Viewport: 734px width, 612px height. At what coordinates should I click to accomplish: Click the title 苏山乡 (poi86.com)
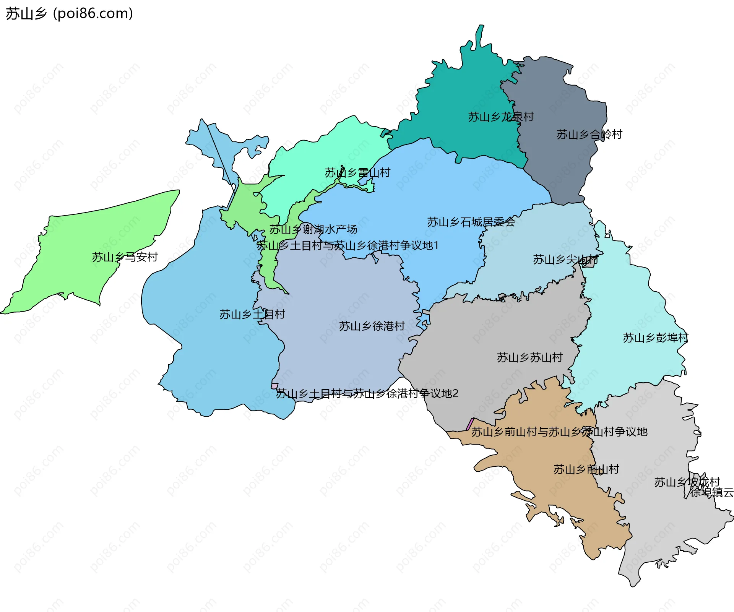(69, 13)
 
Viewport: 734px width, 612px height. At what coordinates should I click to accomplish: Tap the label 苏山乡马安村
(125, 257)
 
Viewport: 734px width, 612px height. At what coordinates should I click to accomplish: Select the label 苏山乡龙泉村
(501, 117)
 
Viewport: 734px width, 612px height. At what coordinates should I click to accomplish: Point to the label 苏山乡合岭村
(589, 134)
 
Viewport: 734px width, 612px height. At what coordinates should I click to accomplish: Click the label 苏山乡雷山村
(357, 173)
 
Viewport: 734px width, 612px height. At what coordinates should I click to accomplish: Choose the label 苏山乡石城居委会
(471, 222)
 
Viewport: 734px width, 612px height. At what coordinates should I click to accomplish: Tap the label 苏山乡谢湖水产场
(313, 229)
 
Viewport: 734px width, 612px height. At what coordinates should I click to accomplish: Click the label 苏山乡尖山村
(565, 260)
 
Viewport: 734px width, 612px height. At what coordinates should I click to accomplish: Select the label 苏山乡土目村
(252, 314)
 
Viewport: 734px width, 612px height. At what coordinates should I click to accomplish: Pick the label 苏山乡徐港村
(372, 326)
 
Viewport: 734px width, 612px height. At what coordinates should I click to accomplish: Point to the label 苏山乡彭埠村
(655, 338)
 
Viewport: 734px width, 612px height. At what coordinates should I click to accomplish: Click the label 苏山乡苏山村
(529, 357)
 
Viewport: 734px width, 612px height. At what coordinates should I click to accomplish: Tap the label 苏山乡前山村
(586, 469)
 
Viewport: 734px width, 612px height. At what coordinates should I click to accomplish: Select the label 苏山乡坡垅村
(687, 482)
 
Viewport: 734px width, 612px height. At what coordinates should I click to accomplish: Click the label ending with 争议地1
(348, 245)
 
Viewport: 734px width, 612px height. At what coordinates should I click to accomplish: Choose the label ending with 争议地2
(367, 393)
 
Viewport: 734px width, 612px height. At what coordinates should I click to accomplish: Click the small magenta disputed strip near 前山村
(470, 424)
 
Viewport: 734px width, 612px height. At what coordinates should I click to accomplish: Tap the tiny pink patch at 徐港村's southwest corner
(274, 386)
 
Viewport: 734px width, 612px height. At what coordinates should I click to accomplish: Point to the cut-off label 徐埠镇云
(711, 492)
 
